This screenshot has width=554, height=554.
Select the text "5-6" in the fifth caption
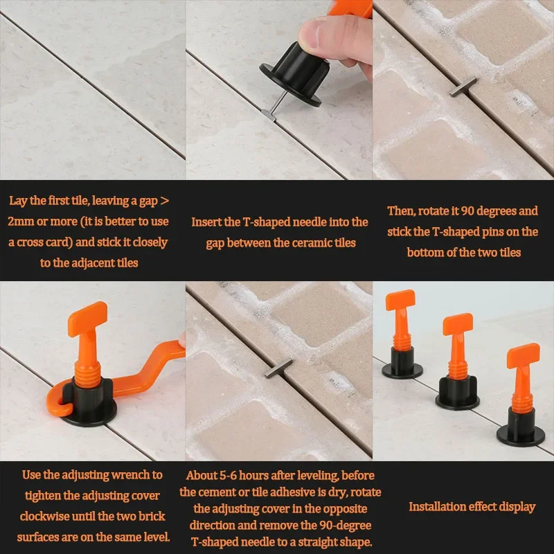pos(228,476)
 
